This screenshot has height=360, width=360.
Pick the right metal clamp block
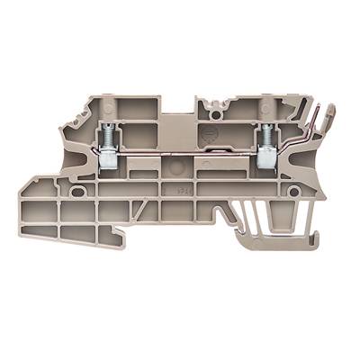265,159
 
